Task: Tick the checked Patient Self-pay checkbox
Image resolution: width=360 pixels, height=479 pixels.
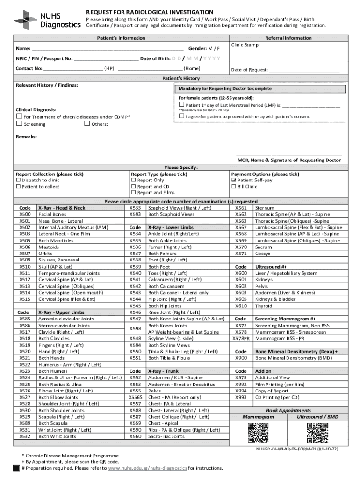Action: click(x=234, y=180)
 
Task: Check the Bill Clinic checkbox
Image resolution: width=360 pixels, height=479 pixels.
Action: click(x=234, y=187)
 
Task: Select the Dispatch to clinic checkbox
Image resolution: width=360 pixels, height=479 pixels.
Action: click(x=18, y=180)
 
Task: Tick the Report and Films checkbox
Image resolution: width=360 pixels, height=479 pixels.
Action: click(x=133, y=193)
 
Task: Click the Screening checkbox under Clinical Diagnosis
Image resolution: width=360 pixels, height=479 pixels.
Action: click(x=19, y=124)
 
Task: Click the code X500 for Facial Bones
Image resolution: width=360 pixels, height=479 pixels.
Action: click(x=25, y=214)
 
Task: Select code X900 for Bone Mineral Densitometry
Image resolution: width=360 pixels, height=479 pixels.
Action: click(x=241, y=358)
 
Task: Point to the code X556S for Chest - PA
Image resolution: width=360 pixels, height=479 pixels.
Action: click(x=135, y=397)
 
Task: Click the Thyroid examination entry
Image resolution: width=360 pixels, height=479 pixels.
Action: click(x=263, y=306)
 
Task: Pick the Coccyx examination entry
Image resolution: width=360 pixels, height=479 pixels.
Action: click(x=263, y=254)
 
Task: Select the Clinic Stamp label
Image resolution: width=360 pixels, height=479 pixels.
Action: click(x=245, y=45)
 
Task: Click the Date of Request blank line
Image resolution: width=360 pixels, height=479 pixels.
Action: click(x=304, y=70)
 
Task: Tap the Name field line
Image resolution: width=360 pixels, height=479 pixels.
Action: click(x=108, y=49)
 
